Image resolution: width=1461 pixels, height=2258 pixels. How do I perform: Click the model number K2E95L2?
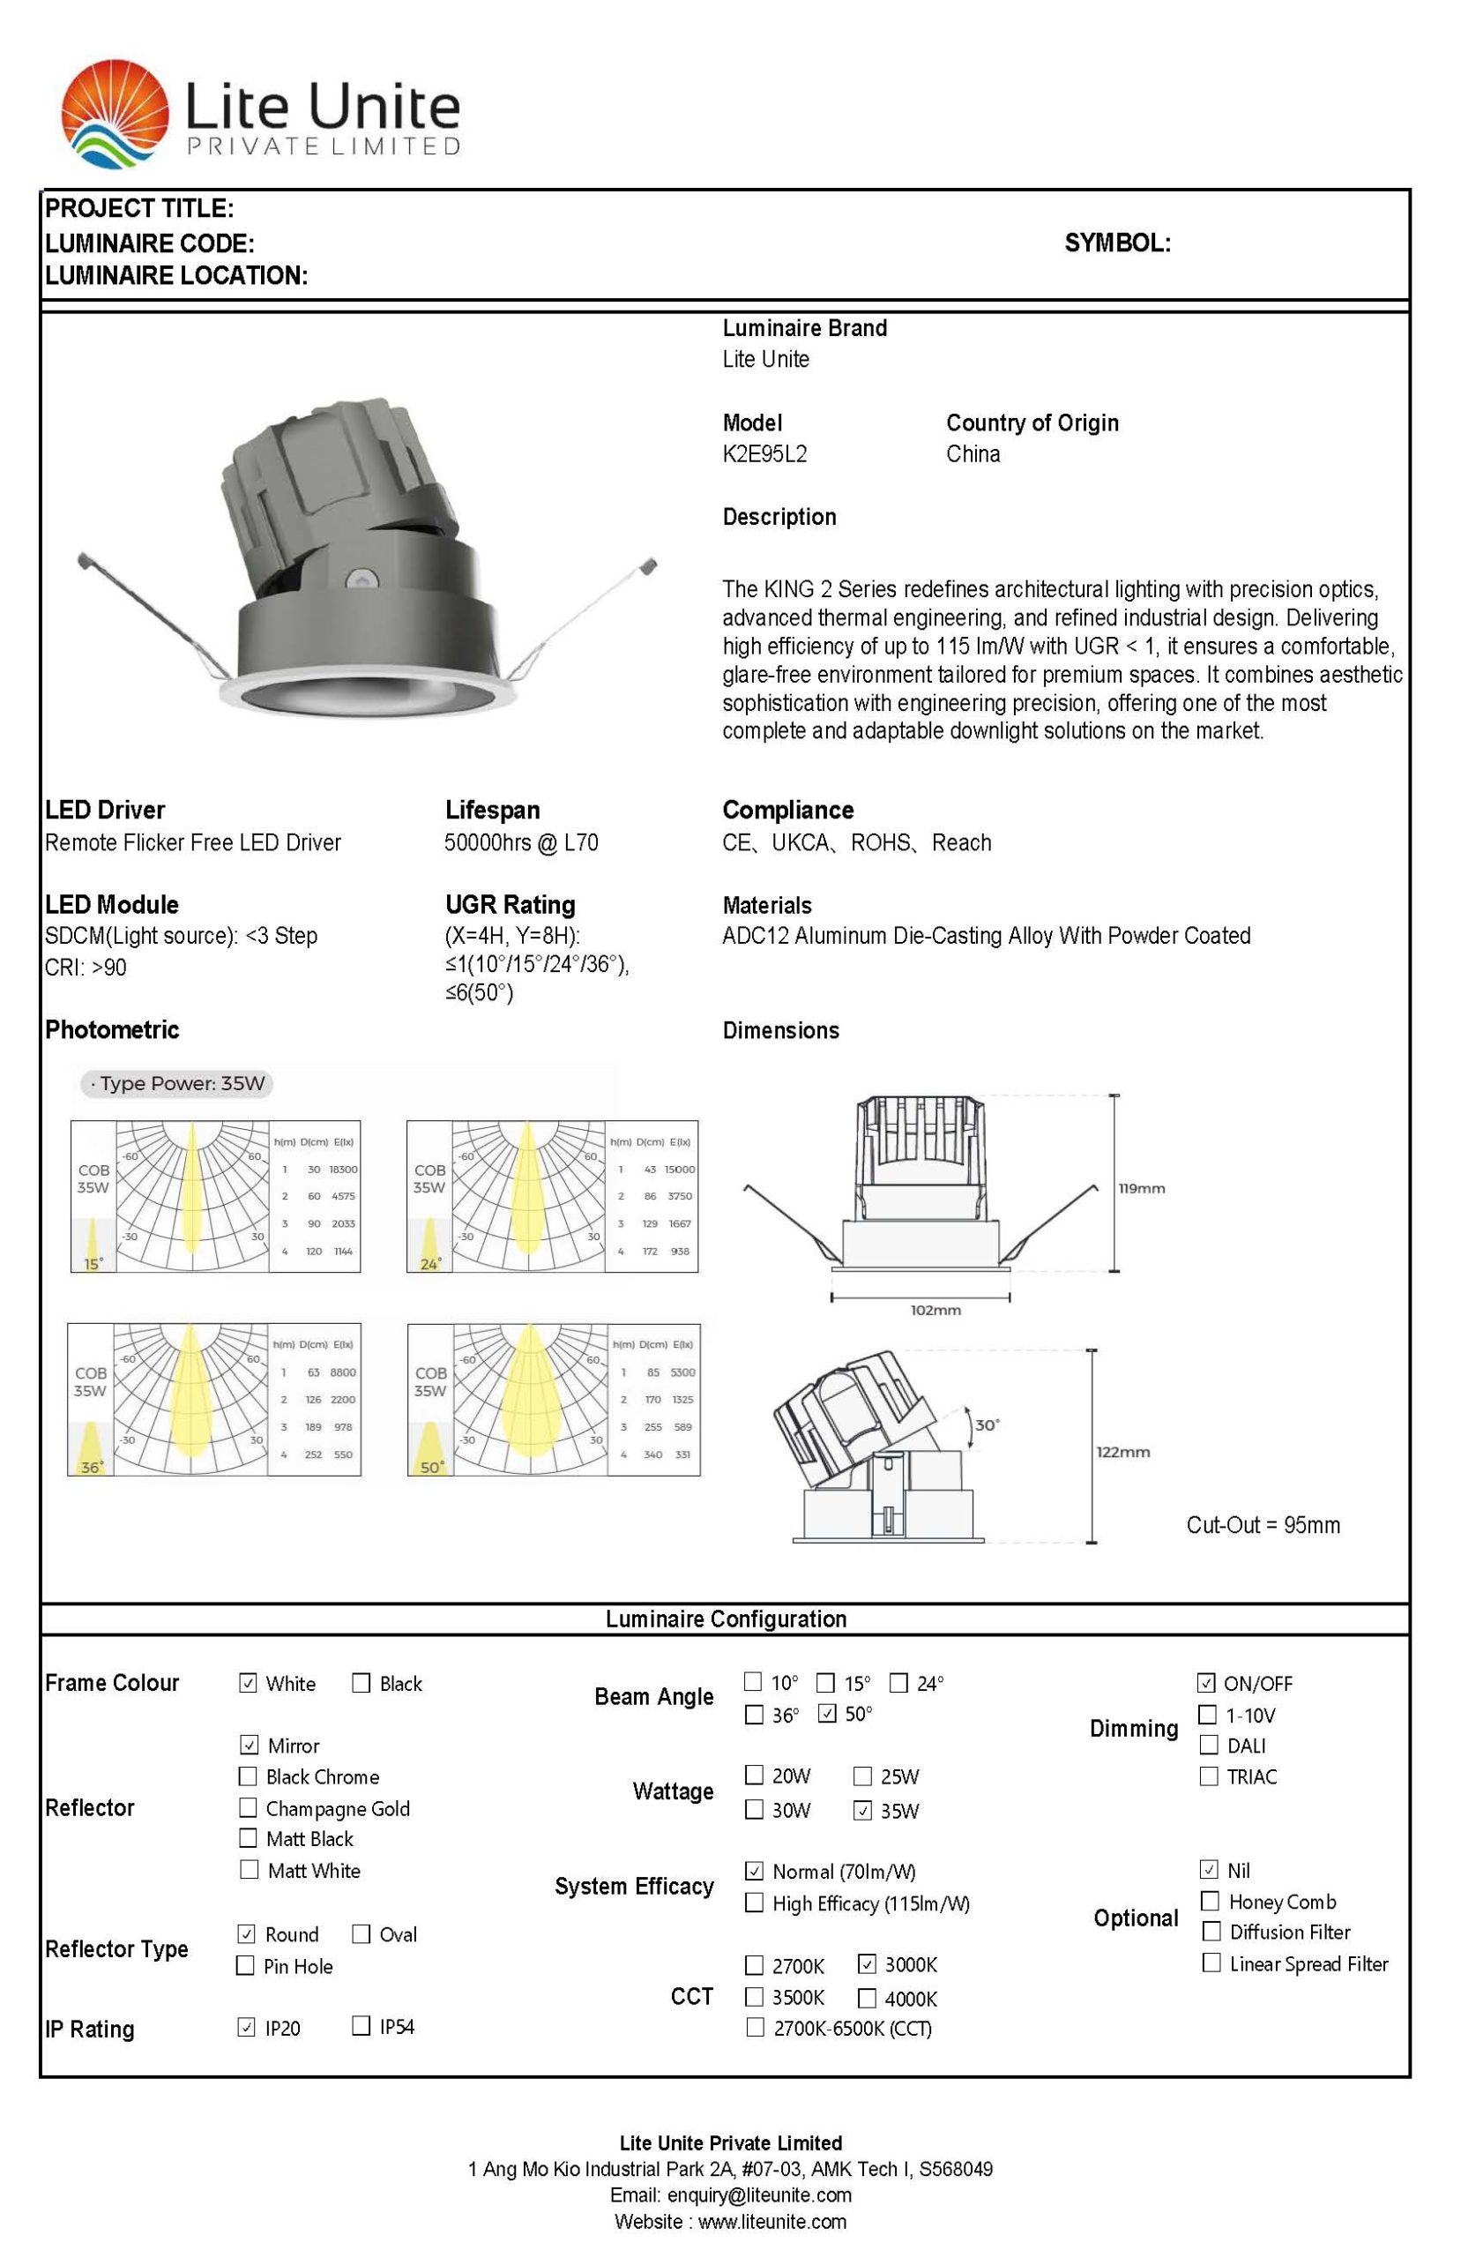tap(764, 453)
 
